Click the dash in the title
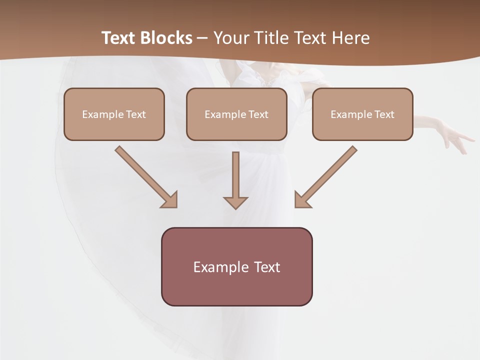pyautogui.click(x=202, y=38)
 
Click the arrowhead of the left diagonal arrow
pyautogui.click(x=170, y=200)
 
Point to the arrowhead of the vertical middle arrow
pyautogui.click(x=235, y=202)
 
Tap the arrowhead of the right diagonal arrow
pyautogui.click(x=302, y=200)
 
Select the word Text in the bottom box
pyautogui.click(x=267, y=267)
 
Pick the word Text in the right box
pyautogui.click(x=384, y=114)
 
